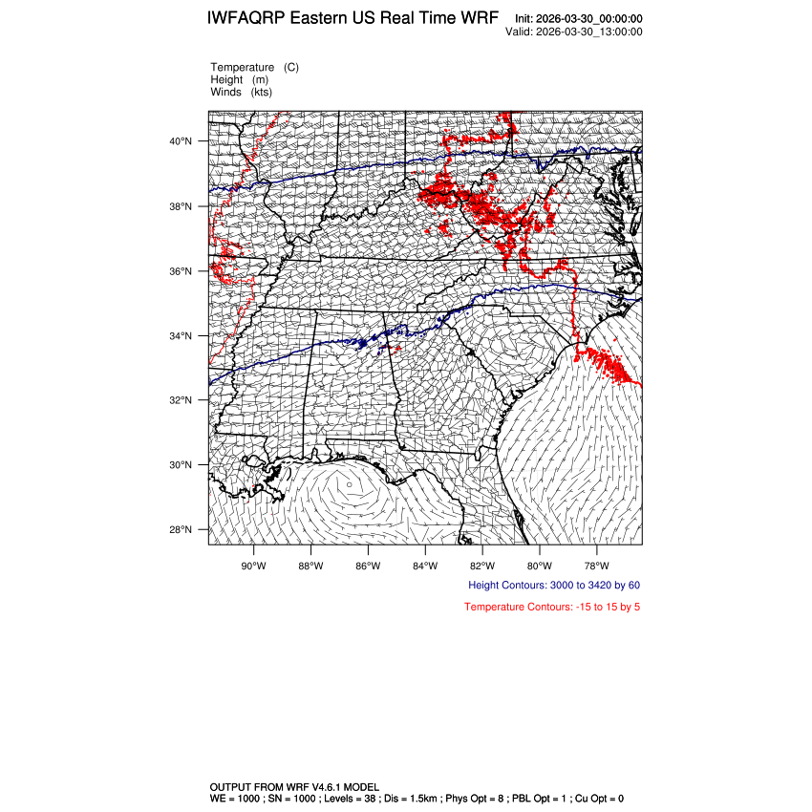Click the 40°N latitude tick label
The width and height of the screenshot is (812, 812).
182,141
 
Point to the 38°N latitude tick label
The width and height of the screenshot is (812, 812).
182,206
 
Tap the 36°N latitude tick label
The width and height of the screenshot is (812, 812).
182,271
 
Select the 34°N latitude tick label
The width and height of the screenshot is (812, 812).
182,336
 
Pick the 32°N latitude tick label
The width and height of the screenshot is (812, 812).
182,400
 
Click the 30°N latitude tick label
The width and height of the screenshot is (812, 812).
182,465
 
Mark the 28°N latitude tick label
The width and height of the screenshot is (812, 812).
182,530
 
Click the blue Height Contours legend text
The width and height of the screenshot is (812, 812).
554,585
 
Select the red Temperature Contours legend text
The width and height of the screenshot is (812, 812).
552,607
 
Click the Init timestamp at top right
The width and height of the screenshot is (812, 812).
578,19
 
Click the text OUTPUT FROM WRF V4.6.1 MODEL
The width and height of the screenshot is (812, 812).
294,786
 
